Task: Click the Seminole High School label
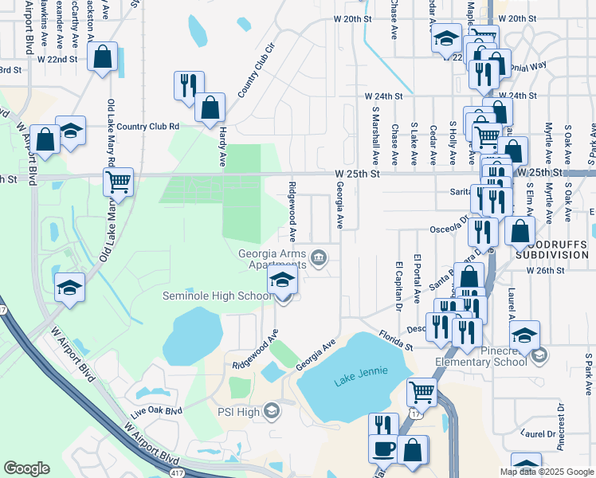(x=217, y=296)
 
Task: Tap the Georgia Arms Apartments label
(x=273, y=261)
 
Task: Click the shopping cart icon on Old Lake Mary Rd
(x=118, y=182)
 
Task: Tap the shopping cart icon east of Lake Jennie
(x=422, y=391)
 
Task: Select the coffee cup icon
(x=383, y=449)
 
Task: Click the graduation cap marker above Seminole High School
(x=282, y=280)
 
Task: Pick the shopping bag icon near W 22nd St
(x=102, y=57)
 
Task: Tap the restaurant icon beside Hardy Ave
(x=189, y=84)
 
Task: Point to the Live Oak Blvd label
(x=156, y=411)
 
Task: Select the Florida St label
(x=395, y=340)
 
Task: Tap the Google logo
(x=26, y=468)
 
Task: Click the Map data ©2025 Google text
(x=546, y=472)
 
